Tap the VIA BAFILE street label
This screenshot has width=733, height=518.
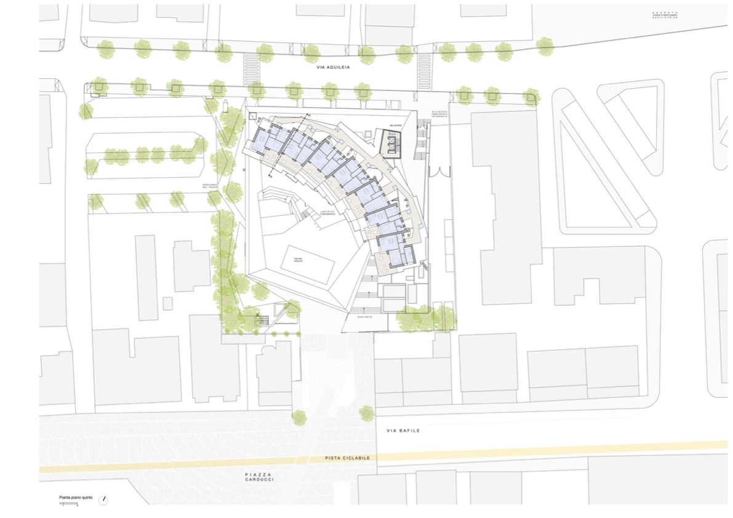tap(403, 431)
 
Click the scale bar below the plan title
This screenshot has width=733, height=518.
tap(69, 504)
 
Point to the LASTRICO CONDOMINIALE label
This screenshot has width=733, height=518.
tap(327, 213)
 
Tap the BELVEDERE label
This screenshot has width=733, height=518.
tap(394, 126)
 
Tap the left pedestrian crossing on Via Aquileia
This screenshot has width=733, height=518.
tap(252, 64)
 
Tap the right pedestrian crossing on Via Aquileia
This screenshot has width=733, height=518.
tap(425, 64)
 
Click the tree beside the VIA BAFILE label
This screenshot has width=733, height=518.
tap(367, 413)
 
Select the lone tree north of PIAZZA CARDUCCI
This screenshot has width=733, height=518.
tap(300, 418)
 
